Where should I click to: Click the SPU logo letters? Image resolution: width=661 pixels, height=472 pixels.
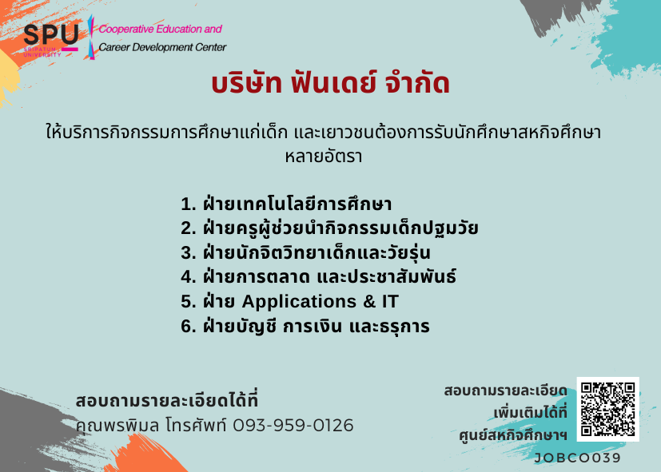(x=51, y=34)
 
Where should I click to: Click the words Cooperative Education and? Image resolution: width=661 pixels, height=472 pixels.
(x=160, y=29)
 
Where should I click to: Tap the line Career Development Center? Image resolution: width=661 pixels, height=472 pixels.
(x=162, y=47)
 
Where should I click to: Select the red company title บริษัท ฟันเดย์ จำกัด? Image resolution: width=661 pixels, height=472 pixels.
(x=331, y=83)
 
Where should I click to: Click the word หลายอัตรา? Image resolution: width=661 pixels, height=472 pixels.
(x=324, y=157)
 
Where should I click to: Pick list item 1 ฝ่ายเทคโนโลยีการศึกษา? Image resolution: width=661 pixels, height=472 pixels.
(x=286, y=204)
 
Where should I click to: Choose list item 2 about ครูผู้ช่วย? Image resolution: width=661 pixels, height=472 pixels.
(x=329, y=228)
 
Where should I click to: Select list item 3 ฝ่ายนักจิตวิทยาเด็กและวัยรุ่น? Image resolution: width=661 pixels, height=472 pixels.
(x=305, y=252)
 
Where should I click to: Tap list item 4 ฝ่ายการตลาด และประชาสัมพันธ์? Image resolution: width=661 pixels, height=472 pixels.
(x=318, y=276)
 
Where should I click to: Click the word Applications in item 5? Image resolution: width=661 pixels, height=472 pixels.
(x=299, y=302)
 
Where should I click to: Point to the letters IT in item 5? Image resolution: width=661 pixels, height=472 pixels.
(x=390, y=301)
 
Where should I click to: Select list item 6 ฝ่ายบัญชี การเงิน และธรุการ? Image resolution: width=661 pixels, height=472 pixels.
(x=305, y=327)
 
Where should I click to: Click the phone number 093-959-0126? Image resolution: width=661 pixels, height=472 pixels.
(x=293, y=425)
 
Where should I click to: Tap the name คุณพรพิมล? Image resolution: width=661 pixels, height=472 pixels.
(x=117, y=425)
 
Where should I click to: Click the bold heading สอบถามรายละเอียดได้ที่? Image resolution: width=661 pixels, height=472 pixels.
(x=166, y=400)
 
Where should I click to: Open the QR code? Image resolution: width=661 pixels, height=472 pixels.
(x=608, y=409)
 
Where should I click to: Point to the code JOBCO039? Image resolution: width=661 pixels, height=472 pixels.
(x=578, y=458)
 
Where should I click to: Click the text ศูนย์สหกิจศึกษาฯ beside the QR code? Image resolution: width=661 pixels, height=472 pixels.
(x=513, y=435)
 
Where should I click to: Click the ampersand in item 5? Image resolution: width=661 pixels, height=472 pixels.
(x=369, y=301)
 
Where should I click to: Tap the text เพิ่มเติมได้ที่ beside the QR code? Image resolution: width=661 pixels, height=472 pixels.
(x=530, y=413)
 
